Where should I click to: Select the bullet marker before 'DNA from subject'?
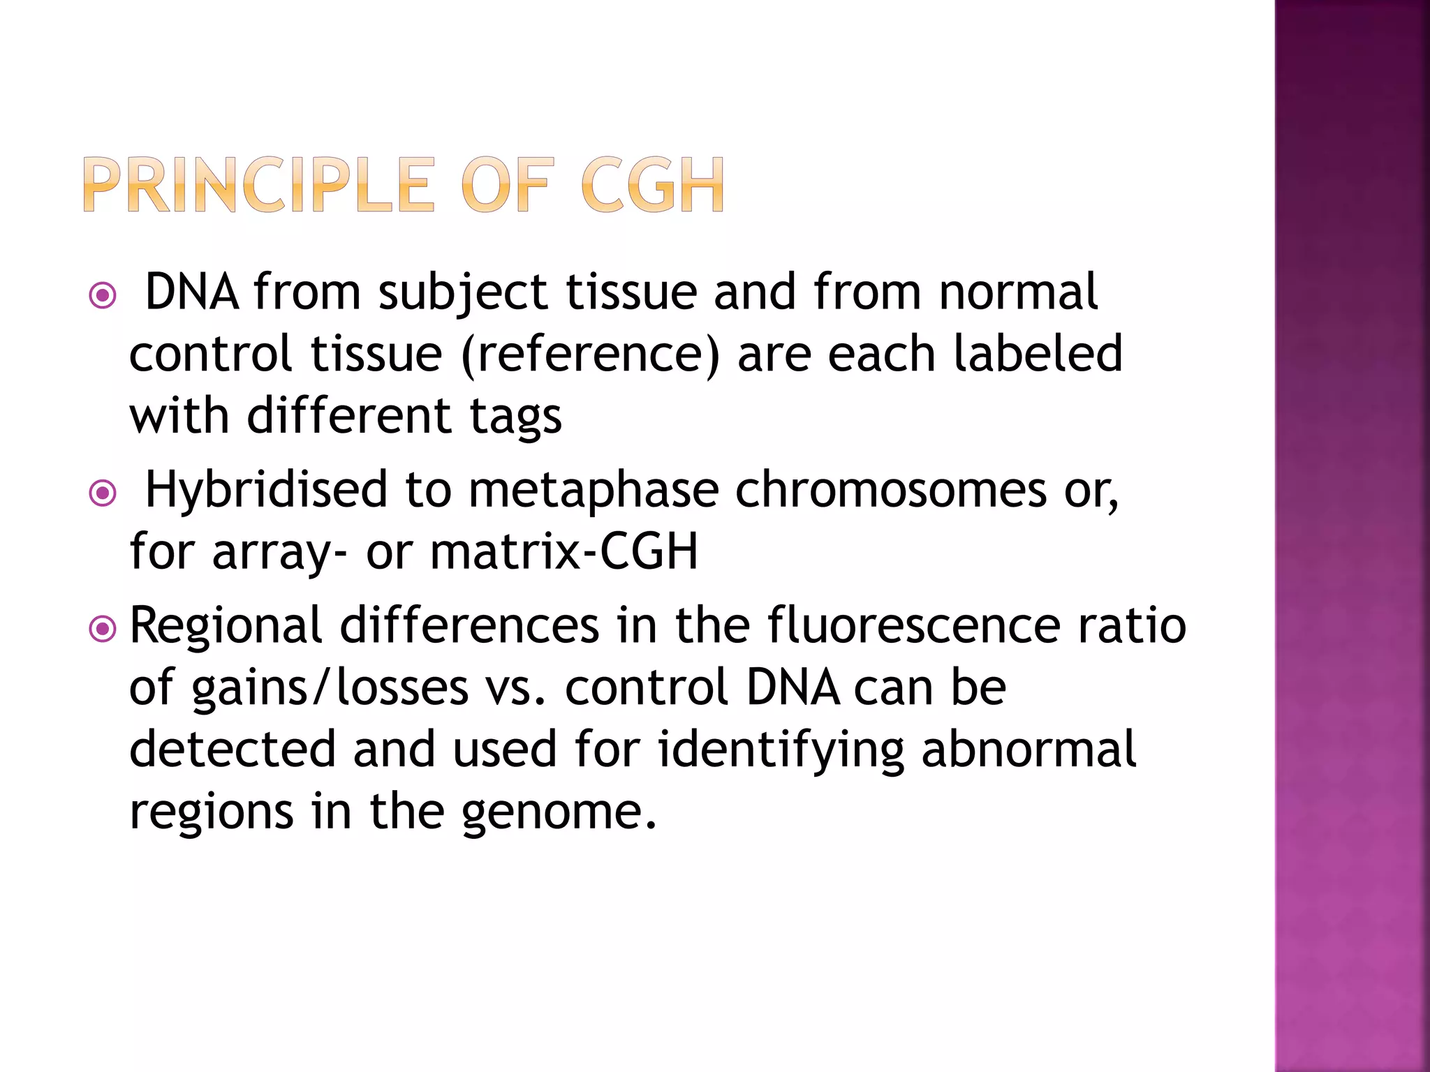pyautogui.click(x=103, y=296)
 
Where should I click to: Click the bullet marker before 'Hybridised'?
pyautogui.click(x=103, y=494)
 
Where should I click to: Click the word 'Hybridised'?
pyautogui.click(x=265, y=490)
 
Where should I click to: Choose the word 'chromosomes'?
pyautogui.click(x=891, y=490)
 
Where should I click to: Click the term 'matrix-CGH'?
pyautogui.click(x=563, y=551)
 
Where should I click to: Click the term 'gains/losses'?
pyautogui.click(x=330, y=688)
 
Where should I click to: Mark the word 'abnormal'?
pyautogui.click(x=1029, y=750)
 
